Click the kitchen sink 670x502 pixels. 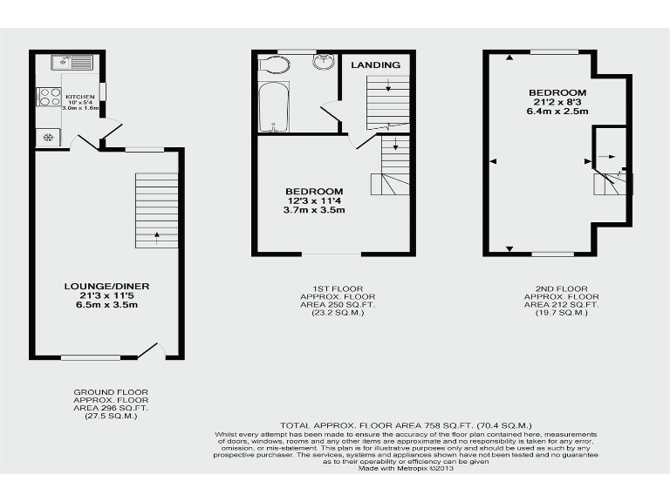click(x=72, y=63)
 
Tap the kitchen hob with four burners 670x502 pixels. click(x=48, y=97)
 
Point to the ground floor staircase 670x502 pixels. click(x=156, y=209)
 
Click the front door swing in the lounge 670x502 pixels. click(x=152, y=350)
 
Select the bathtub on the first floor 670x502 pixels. click(x=274, y=107)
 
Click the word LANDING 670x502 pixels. click(x=376, y=65)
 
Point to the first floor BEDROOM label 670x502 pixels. click(x=314, y=191)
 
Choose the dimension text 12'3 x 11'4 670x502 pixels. click(x=314, y=200)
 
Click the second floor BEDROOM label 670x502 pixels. click(x=557, y=92)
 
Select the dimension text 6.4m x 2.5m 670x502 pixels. click(x=557, y=112)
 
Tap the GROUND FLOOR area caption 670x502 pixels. click(x=111, y=404)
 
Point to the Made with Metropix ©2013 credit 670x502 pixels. click(x=407, y=469)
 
